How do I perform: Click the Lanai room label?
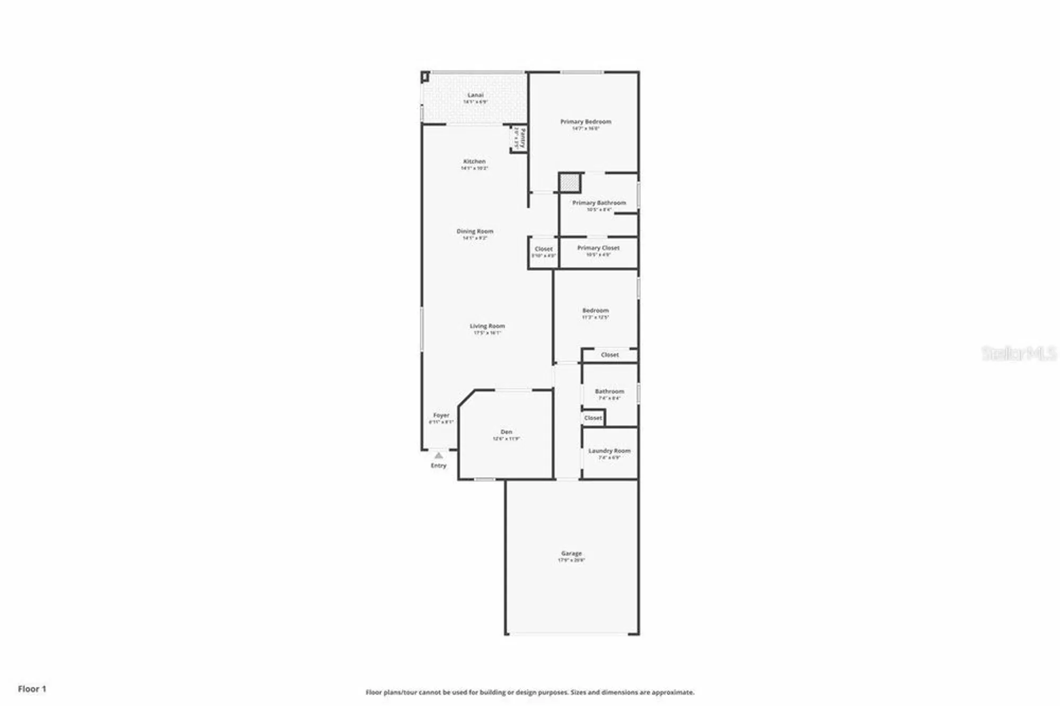click(475, 95)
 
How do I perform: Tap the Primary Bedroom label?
click(586, 122)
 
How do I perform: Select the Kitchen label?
click(474, 162)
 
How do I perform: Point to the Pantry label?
click(522, 138)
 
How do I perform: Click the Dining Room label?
click(475, 232)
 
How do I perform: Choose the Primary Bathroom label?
click(599, 203)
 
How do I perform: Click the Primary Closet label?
click(598, 248)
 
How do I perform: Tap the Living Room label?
click(487, 326)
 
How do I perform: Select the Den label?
click(506, 432)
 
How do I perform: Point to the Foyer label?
click(441, 416)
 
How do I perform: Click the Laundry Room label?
click(609, 451)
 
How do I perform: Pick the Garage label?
click(571, 553)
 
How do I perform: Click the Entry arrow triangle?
click(438, 455)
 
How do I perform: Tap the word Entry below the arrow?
click(438, 466)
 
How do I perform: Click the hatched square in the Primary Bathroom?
click(570, 183)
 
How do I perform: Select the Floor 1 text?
click(32, 689)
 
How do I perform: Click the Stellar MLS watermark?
click(1019, 354)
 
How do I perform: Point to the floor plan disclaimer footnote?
click(529, 692)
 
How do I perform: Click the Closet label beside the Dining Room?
click(543, 249)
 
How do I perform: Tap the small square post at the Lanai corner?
click(425, 77)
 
